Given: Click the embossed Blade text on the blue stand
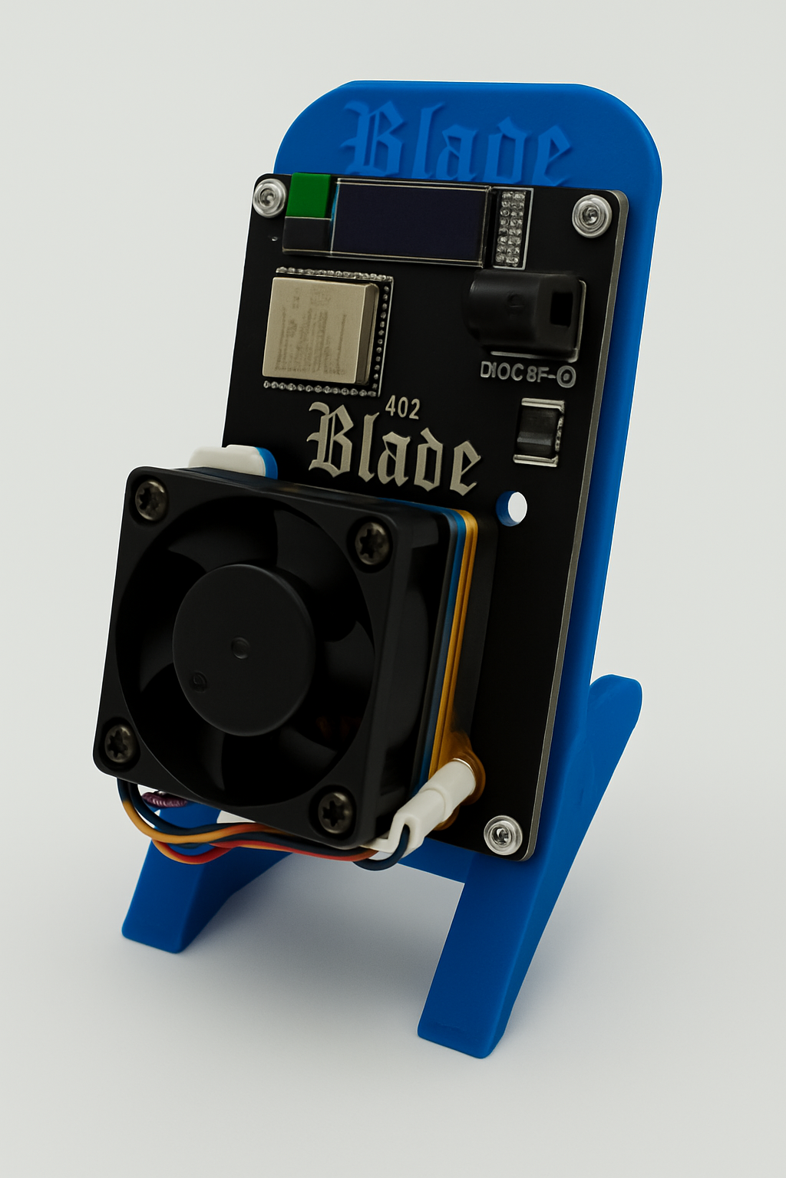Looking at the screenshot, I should tap(456, 145).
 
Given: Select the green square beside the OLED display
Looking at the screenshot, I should tap(312, 196).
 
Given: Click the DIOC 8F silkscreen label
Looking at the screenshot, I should tap(527, 373).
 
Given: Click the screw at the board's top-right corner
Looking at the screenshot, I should tap(589, 213).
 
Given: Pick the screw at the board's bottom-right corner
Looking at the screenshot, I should tap(503, 833).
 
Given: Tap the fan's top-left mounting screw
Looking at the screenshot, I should tap(150, 500).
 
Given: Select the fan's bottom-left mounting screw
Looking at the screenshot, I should tap(121, 742).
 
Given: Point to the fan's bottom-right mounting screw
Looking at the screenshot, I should tap(335, 809).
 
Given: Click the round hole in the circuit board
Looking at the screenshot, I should tap(512, 507).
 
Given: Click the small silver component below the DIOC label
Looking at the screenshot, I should tap(540, 433).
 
